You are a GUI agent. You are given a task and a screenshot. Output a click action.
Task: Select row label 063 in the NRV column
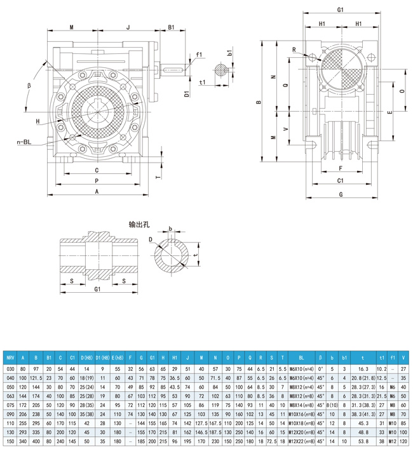click(x=10, y=394)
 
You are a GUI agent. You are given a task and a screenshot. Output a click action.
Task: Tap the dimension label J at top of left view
click(x=128, y=27)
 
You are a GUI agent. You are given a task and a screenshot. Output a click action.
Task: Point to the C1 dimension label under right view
click(x=341, y=180)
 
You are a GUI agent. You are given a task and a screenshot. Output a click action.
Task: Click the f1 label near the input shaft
click(x=199, y=55)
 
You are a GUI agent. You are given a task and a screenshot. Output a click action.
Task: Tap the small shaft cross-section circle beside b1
click(x=220, y=71)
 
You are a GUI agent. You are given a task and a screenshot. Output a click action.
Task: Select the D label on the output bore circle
click(x=151, y=240)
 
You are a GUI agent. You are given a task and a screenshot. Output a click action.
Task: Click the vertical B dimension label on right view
click(x=258, y=101)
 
